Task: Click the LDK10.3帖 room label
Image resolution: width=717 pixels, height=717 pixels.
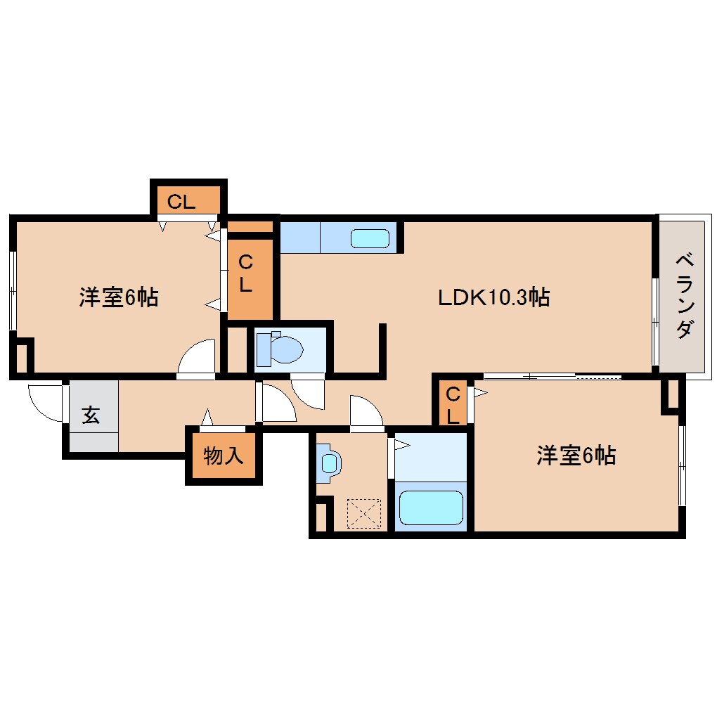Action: tap(493, 297)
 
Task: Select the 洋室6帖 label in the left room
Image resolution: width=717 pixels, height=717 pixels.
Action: tap(118, 297)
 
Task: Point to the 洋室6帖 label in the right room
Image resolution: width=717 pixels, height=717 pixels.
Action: tap(576, 456)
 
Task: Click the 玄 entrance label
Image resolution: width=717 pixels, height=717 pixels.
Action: tap(91, 415)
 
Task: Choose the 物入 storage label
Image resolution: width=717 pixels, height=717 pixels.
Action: tap(224, 456)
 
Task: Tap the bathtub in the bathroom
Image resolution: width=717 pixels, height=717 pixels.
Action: tap(430, 508)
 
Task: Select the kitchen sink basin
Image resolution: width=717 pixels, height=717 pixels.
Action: tap(370, 238)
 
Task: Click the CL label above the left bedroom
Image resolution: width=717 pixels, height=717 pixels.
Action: tap(181, 202)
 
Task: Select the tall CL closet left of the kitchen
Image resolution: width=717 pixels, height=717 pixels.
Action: tap(246, 274)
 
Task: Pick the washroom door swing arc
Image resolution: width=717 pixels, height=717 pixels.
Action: tap(366, 411)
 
